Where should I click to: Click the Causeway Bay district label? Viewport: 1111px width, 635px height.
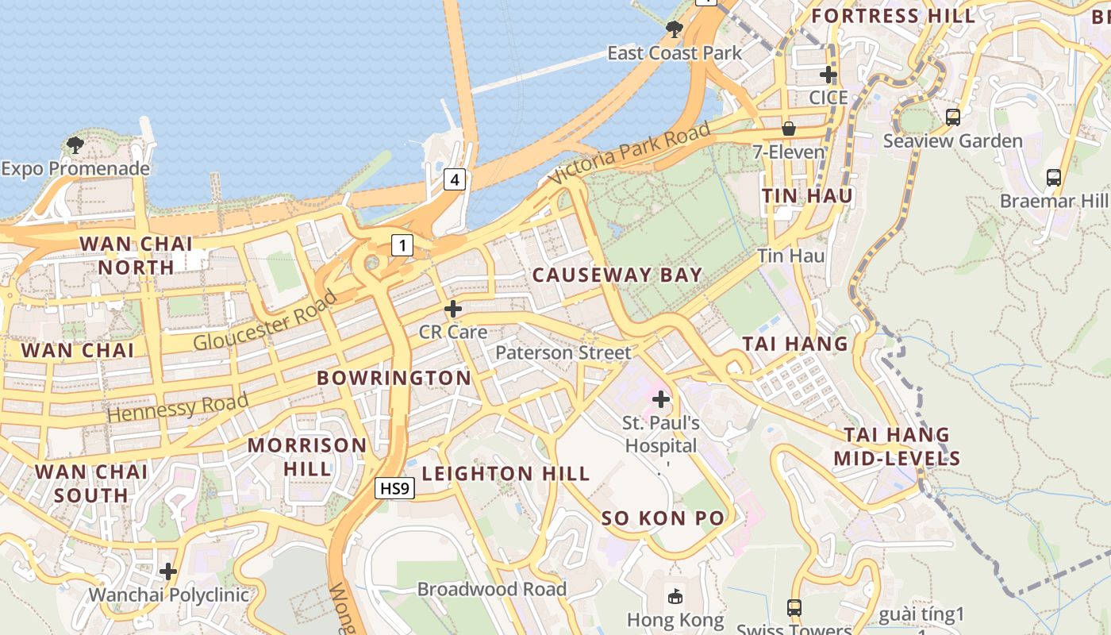pos(617,275)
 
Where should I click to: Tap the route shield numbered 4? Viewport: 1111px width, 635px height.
pos(454,179)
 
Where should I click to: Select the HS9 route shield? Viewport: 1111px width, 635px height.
pos(394,488)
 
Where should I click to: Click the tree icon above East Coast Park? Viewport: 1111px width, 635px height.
pos(675,30)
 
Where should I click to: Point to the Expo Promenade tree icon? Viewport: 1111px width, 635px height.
pos(75,145)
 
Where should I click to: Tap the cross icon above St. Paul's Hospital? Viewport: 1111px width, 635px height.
pos(660,399)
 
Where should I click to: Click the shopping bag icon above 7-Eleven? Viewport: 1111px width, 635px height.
pos(789,128)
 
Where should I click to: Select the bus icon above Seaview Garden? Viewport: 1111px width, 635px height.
pos(953,117)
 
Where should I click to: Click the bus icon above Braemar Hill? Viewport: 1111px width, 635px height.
pos(1054,178)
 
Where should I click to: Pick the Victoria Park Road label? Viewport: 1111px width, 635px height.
pos(629,155)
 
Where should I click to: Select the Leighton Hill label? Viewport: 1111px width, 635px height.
pos(506,474)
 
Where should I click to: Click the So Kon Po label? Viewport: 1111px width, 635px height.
pos(663,518)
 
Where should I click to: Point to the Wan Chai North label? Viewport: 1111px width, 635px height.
pos(136,256)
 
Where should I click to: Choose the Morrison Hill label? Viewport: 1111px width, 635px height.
pos(307,456)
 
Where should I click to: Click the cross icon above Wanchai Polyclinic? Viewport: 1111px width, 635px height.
pos(168,571)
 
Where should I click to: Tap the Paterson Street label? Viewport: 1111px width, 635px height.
pos(563,352)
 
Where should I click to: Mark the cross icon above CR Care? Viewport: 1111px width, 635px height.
pos(453,309)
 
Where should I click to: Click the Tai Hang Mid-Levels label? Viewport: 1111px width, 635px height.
pos(897,446)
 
